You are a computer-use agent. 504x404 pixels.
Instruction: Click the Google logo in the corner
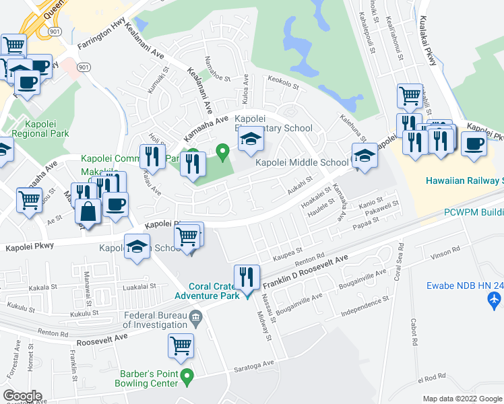[x=22, y=396]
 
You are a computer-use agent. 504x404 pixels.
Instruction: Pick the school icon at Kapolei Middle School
[x=364, y=156]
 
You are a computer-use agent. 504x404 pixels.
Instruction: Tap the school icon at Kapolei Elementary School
[x=249, y=139]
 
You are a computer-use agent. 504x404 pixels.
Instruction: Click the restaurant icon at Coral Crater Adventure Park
[x=246, y=276]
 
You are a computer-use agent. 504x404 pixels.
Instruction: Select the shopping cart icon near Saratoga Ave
[x=181, y=345]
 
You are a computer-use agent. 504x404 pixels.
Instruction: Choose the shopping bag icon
[x=88, y=211]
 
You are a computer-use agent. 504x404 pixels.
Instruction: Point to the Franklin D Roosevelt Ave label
[x=305, y=272]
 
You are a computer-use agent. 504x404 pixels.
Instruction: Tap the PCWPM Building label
[x=472, y=211]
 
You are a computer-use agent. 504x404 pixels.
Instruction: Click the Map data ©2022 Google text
[x=462, y=399]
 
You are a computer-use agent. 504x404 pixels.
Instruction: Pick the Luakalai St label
[x=140, y=286]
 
